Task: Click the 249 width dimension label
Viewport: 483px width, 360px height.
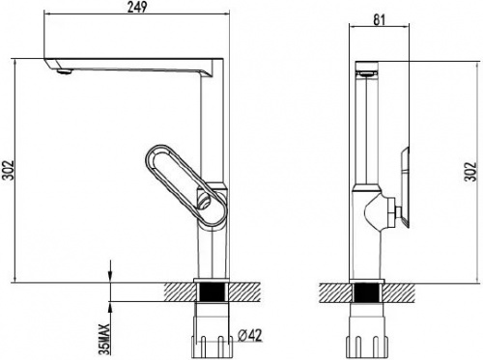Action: click(137, 7)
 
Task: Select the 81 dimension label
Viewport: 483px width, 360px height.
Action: click(379, 20)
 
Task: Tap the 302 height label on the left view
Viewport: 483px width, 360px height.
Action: click(8, 170)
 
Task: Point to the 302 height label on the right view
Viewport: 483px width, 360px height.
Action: click(470, 171)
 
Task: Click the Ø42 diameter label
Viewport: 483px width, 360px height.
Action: click(250, 336)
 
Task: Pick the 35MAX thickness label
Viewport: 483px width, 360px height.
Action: click(104, 339)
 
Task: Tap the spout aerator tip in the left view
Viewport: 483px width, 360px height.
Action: click(64, 71)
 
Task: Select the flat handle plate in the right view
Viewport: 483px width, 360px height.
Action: click(405, 187)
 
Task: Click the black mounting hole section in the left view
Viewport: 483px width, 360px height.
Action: click(212, 292)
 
